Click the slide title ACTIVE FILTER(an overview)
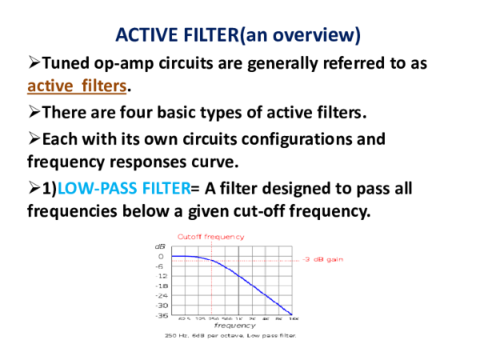(x=238, y=35)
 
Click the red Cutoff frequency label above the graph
(x=210, y=237)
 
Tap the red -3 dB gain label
(x=323, y=259)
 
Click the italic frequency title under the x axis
(x=234, y=326)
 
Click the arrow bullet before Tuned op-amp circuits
(x=34, y=62)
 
